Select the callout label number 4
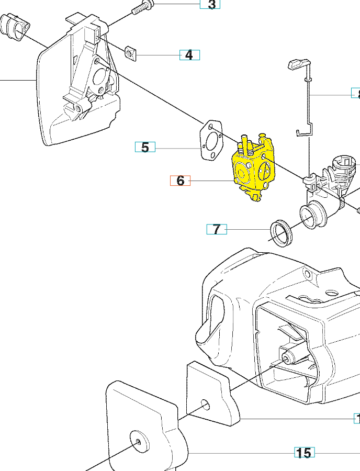tap(189, 54)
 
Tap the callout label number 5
tap(145, 147)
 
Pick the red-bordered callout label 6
tap(181, 181)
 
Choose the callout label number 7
tap(217, 229)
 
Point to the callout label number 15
tap(304, 453)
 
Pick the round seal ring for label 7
tap(282, 233)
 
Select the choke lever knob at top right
tap(297, 64)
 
